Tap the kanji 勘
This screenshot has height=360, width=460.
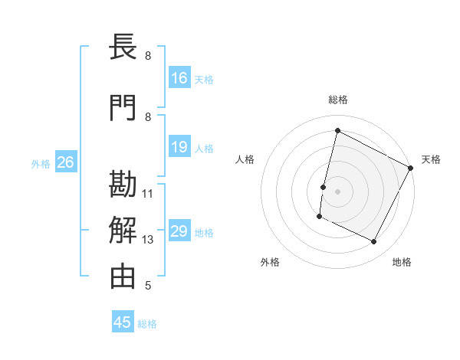(123, 185)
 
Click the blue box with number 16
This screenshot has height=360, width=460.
(179, 77)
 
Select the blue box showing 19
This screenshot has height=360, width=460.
(179, 147)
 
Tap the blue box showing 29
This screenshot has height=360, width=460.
(179, 231)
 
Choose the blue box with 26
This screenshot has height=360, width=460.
(65, 162)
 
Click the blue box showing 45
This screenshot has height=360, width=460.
(123, 322)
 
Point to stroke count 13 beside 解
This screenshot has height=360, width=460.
(148, 240)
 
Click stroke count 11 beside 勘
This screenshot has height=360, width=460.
(148, 193)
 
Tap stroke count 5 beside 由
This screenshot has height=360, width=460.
(148, 286)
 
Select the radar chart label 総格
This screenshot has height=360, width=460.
(337, 100)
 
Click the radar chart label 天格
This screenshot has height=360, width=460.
(431, 159)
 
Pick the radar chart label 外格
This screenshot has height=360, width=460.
(270, 262)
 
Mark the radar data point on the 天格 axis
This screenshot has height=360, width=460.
(411, 168)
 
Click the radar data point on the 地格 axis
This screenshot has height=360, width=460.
(374, 242)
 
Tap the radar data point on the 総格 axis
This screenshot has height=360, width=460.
(337, 130)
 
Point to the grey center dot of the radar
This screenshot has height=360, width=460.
(337, 191)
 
